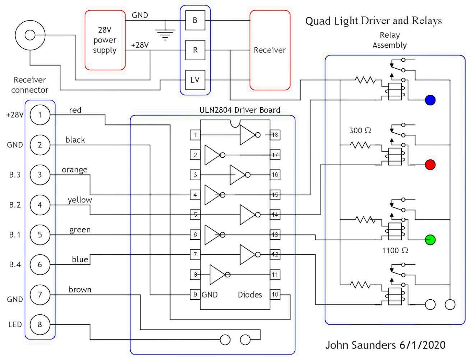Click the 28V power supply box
[x=105, y=40]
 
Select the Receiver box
[x=270, y=50]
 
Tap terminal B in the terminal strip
[x=195, y=20]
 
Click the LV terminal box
[x=195, y=80]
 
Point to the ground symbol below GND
[x=165, y=33]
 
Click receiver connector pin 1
[x=40, y=115]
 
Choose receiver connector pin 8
[x=40, y=324]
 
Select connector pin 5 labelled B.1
[x=40, y=234]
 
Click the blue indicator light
[x=430, y=100]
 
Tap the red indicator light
[x=430, y=165]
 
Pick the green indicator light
[x=430, y=240]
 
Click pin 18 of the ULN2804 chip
[x=275, y=135]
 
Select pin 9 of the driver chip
[x=195, y=294]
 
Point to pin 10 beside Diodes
[x=275, y=294]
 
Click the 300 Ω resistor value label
[x=360, y=130]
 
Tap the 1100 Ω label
[x=395, y=250]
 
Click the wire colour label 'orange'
[x=75, y=170]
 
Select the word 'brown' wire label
[x=80, y=290]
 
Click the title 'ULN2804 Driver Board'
[x=240, y=110]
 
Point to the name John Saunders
[x=361, y=345]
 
